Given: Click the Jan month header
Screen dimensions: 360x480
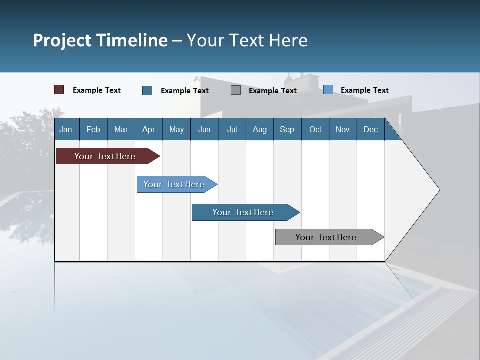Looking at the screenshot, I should (x=66, y=129).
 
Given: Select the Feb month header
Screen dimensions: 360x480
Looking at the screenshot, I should (x=93, y=129).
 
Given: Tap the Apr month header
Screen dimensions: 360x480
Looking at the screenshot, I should (x=148, y=129).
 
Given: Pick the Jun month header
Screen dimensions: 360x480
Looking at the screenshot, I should (x=204, y=129).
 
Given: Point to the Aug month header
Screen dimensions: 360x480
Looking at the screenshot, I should (x=259, y=129).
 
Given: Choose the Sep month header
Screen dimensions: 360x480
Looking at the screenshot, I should (x=287, y=129).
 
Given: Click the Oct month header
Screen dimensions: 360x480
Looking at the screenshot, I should (x=315, y=129).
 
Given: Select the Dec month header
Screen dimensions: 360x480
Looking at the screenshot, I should (x=370, y=129).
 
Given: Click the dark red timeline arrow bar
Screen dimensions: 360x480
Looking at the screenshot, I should (x=105, y=156).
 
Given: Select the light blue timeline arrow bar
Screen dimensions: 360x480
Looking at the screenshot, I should (x=174, y=184).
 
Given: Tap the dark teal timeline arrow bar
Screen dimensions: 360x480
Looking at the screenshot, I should (x=243, y=212).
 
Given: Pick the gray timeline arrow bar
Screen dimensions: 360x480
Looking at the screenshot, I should (x=326, y=237).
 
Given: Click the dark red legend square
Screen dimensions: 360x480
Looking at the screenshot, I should (x=59, y=90).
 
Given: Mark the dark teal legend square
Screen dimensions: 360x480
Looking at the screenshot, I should (x=147, y=90).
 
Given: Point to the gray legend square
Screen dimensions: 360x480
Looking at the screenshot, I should (x=236, y=90).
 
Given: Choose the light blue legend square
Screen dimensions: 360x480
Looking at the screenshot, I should (x=328, y=90).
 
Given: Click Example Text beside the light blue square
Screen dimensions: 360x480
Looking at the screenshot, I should (x=364, y=90).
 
